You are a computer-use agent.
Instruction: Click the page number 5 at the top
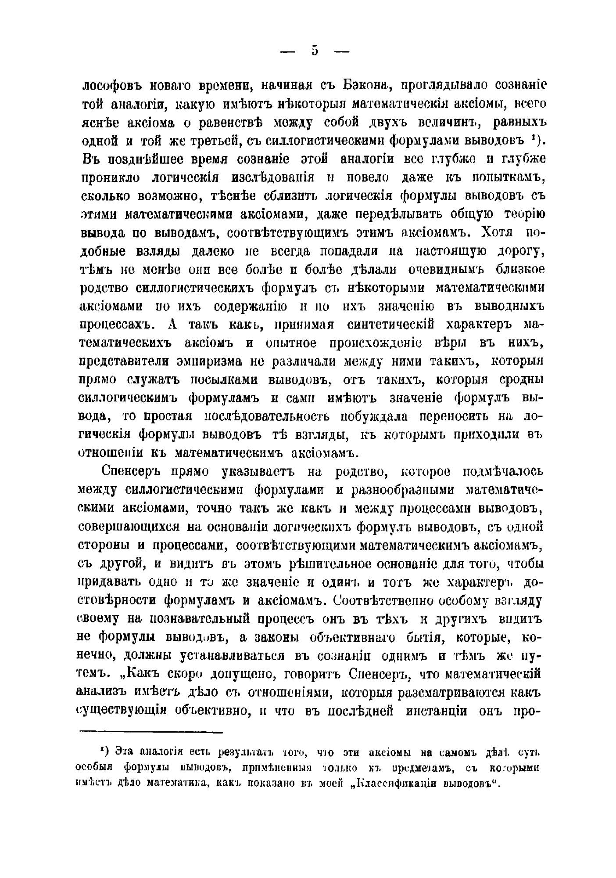tap(315, 51)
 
